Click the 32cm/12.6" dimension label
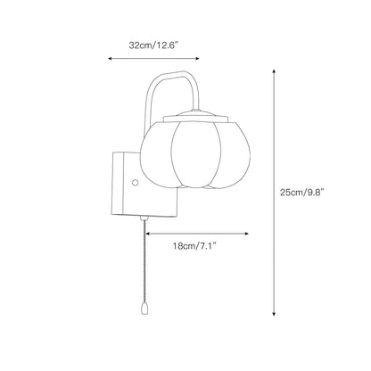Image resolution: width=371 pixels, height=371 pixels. click(153, 45)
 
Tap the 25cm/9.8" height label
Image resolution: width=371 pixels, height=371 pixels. click(301, 192)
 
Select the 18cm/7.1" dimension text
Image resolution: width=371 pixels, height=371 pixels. click(194, 245)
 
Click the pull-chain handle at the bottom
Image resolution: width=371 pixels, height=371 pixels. click(144, 309)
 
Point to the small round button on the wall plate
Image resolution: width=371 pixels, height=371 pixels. click(136, 182)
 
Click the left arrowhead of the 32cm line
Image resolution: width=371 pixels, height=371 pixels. click(110, 59)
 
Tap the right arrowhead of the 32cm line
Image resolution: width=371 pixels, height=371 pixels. click(197, 59)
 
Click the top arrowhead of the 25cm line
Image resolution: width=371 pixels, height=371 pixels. click(274, 71)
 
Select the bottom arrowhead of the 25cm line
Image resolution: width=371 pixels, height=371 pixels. click(274, 313)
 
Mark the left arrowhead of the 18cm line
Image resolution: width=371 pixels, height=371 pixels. click(148, 234)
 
